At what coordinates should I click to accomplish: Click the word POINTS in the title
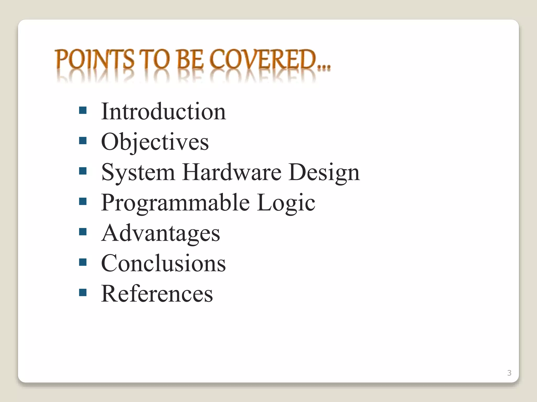tap(95, 60)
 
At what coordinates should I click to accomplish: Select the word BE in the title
tap(190, 60)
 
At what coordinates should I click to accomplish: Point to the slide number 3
tap(509, 373)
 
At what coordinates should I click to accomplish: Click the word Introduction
tap(163, 112)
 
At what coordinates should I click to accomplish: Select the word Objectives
tap(155, 142)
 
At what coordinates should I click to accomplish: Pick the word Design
tap(324, 172)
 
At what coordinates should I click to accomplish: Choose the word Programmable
tap(175, 203)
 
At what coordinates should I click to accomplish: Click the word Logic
tap(286, 203)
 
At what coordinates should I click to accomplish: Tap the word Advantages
tap(160, 233)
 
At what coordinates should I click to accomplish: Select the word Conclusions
tap(163, 263)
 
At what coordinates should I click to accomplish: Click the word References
tap(157, 294)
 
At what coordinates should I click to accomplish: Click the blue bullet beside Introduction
tap(83, 110)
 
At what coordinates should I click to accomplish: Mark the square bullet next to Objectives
tap(83, 141)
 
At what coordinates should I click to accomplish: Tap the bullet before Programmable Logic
tap(83, 201)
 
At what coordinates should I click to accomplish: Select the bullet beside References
tap(83, 292)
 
